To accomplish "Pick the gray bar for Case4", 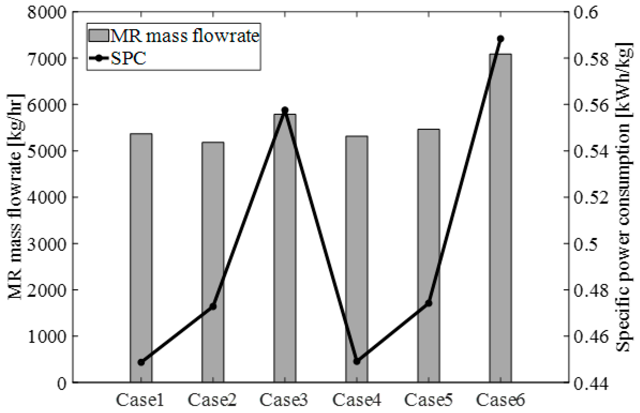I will point(357,241).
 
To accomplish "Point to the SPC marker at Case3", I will point(285,110).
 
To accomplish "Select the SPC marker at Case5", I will point(429,303).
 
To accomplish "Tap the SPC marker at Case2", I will point(213,306).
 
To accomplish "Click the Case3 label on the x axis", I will point(284,400).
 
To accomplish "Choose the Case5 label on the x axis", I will point(428,400).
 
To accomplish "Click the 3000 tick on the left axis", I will point(47,243).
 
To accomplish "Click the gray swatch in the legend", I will point(98,36).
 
